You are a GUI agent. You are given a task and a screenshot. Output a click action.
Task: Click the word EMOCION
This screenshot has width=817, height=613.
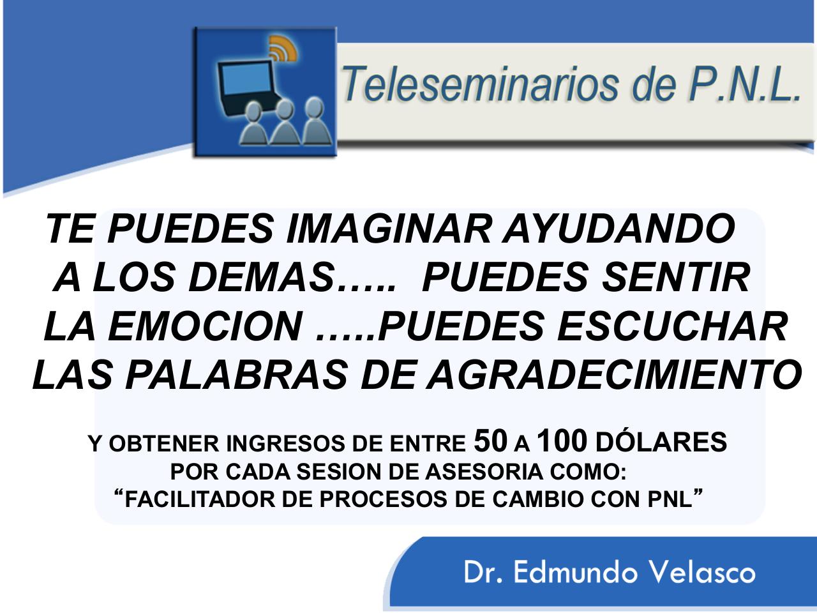click(x=204, y=327)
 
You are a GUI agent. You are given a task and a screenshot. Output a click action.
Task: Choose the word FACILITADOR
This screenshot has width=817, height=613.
click(x=202, y=500)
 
